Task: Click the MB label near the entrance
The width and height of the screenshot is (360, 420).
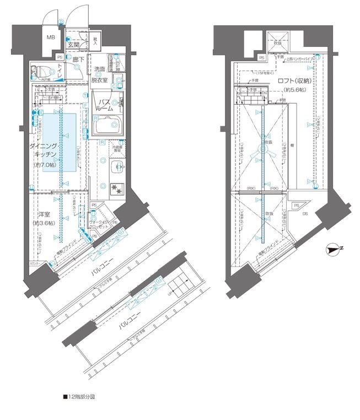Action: [50, 37]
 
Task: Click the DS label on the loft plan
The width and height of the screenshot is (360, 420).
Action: [305, 214]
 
